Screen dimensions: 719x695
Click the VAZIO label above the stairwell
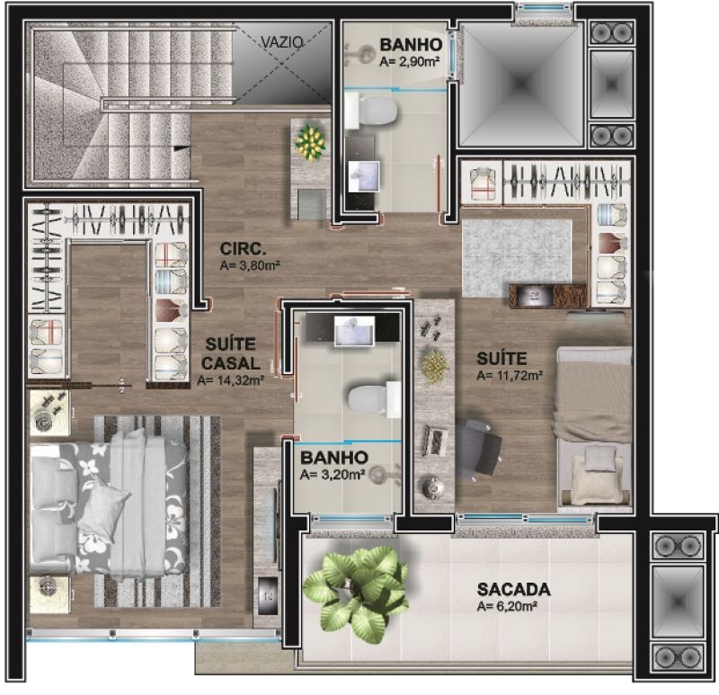click(282, 42)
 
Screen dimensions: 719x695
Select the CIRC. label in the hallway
click(243, 249)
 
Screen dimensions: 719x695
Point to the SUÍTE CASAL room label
click(231, 353)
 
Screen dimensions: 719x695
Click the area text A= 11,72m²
click(510, 375)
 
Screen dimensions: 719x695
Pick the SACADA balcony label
click(513, 589)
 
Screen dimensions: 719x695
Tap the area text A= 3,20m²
click(333, 475)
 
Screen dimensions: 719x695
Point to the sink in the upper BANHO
click(364, 176)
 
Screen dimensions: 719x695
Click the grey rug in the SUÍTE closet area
click(518, 258)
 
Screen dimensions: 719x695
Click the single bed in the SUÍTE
click(595, 430)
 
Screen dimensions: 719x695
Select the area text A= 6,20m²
click(507, 607)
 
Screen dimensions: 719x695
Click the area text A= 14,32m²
click(231, 380)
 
